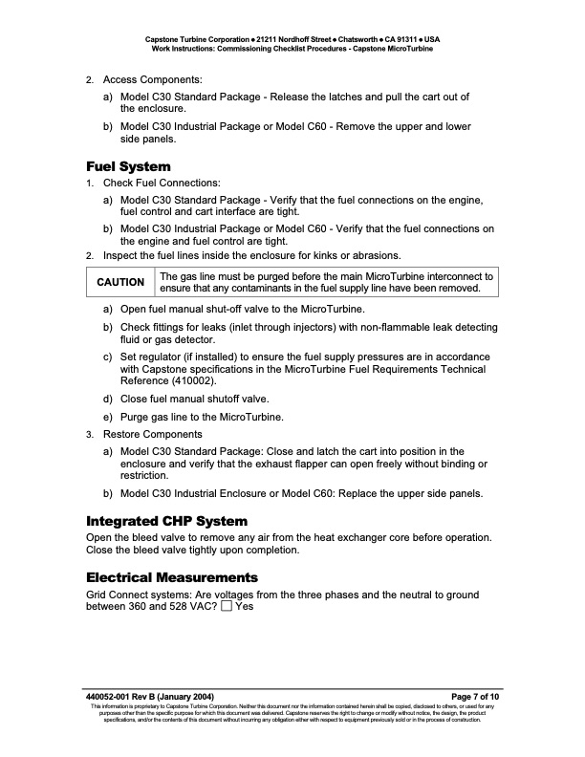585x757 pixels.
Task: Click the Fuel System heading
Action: pos(128,166)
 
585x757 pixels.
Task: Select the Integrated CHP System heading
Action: pos(167,521)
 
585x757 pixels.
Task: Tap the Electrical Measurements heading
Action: pos(172,577)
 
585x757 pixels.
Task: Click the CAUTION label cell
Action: pos(121,282)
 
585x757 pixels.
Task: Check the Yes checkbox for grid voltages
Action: pos(226,606)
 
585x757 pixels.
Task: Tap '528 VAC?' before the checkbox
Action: pos(187,606)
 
